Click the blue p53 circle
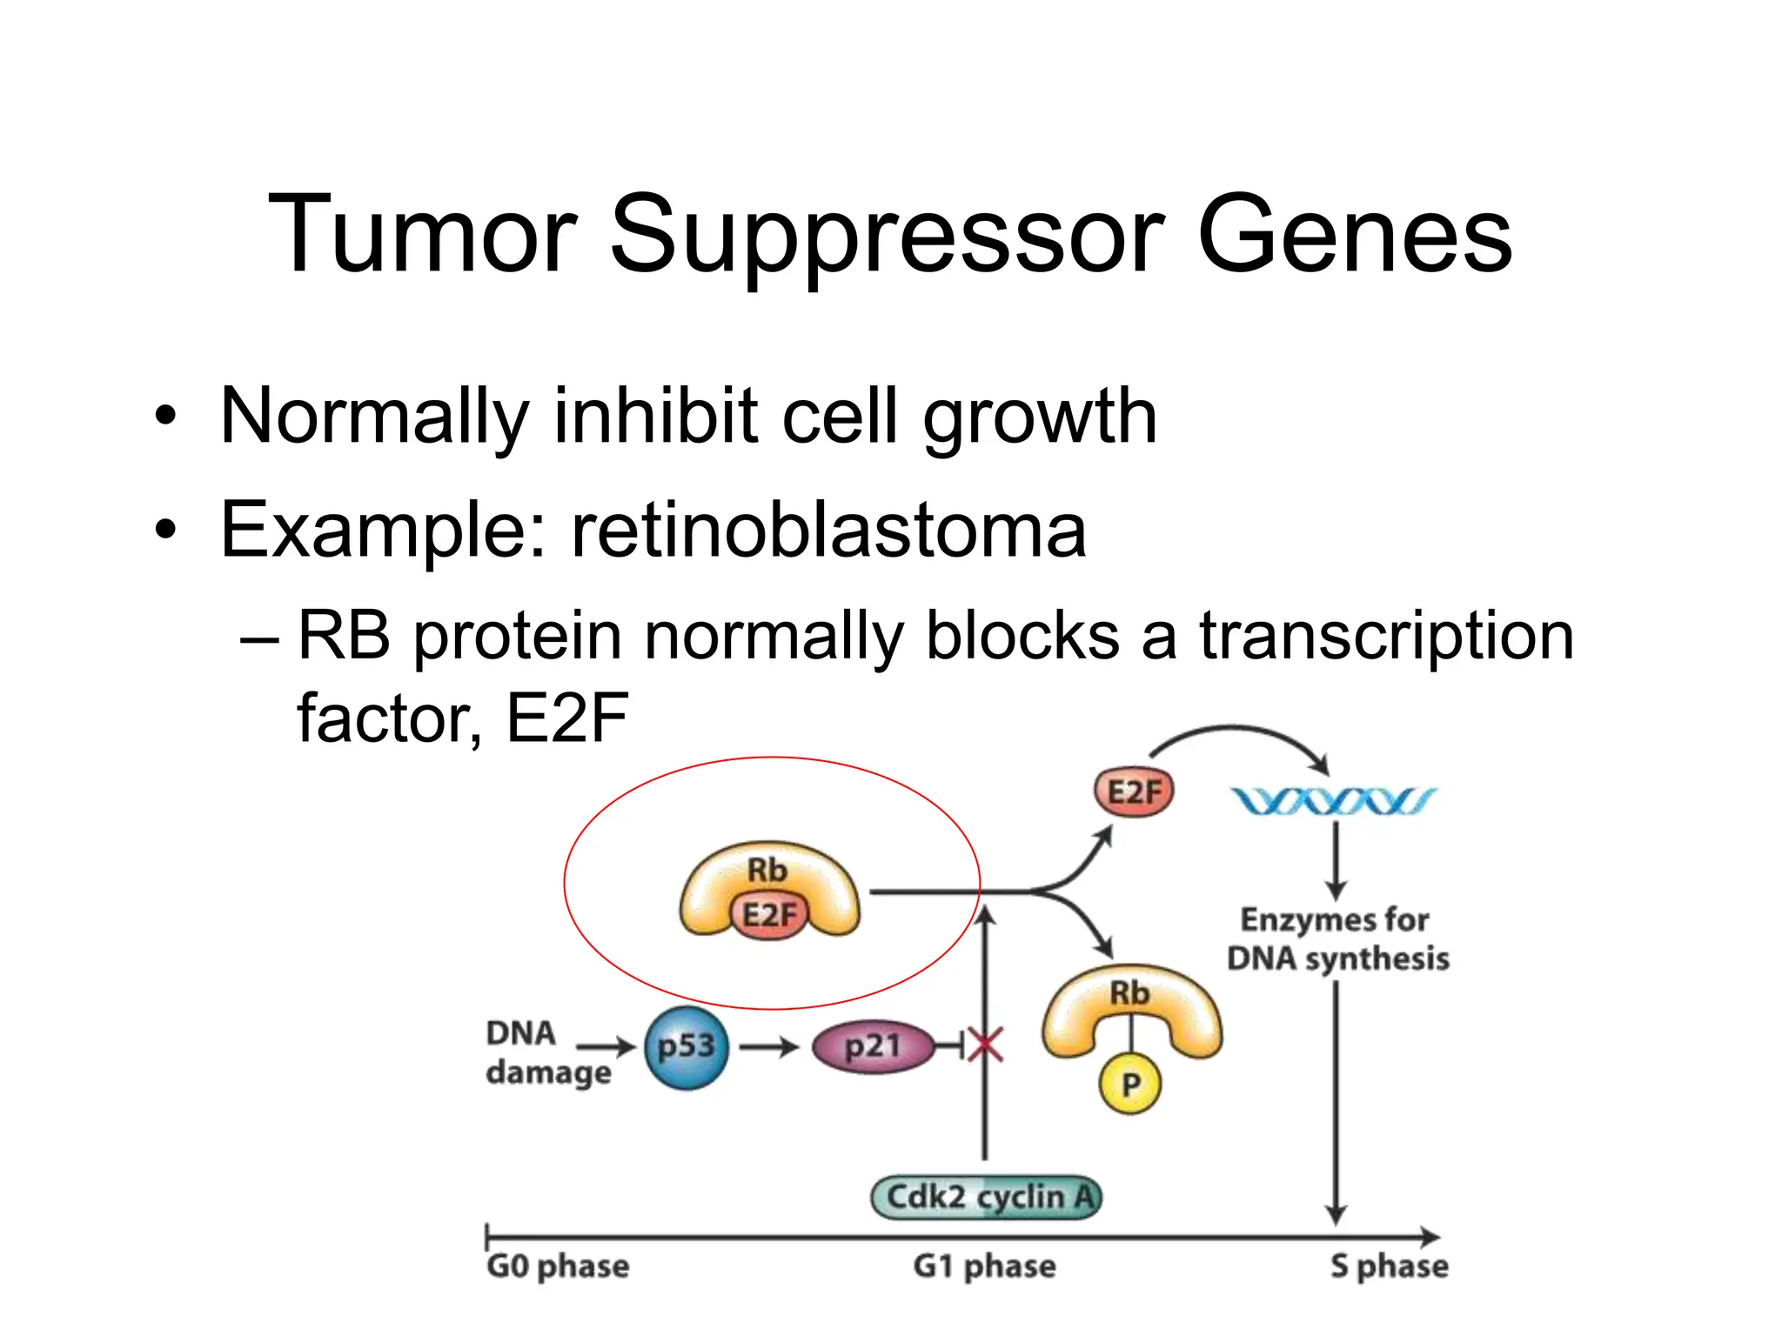tap(686, 1047)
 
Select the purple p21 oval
tap(873, 1046)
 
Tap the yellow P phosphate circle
tap(1129, 1084)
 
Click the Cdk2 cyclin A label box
tap(986, 1197)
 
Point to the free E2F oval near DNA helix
tap(1134, 792)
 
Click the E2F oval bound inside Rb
tap(769, 915)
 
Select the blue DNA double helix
tap(1332, 801)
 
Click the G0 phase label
tap(558, 1266)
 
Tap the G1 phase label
tap(984, 1266)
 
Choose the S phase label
tap(1389, 1266)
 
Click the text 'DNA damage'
tap(546, 1052)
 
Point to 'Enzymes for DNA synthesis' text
tap(1337, 939)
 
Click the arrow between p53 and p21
tap(768, 1046)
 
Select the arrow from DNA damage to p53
tap(606, 1046)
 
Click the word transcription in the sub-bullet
tap(1387, 636)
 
